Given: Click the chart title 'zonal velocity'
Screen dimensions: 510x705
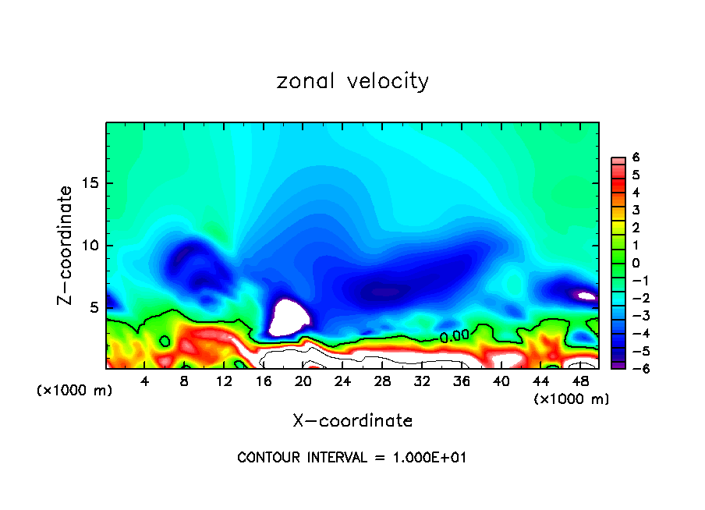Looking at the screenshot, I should [352, 81].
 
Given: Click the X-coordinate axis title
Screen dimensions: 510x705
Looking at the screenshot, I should [352, 421].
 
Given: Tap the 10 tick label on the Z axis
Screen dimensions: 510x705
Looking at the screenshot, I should [91, 246].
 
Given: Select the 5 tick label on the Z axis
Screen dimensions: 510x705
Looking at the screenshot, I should [95, 307].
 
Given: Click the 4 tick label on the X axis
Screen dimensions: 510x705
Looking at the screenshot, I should [145, 381].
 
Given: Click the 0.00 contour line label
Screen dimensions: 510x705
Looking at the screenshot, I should [454, 337].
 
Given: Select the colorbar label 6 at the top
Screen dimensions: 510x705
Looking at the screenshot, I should [636, 157].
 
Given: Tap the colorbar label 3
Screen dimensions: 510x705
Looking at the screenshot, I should [636, 210].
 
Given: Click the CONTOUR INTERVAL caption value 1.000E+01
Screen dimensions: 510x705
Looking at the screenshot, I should [430, 458].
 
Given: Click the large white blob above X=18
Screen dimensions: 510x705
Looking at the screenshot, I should [289, 317].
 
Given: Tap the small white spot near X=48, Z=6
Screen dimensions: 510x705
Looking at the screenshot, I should [585, 296].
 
